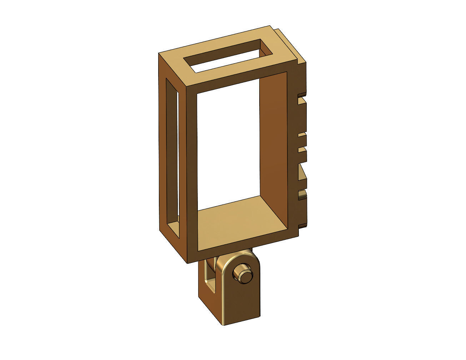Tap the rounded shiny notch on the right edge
tap(302, 195)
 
